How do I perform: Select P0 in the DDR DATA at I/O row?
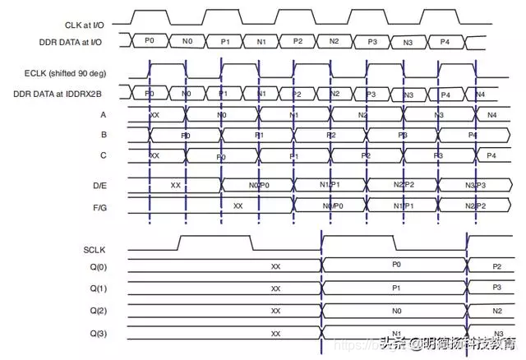[x=149, y=41]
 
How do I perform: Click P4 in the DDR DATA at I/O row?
[x=445, y=41]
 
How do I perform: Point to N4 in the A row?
[x=492, y=115]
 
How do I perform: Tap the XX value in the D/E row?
[x=175, y=185]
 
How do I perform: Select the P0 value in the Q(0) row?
[x=395, y=265]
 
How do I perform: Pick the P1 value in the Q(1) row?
[x=395, y=288]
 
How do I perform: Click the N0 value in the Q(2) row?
[x=395, y=312]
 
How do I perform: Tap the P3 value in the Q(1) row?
[x=497, y=288]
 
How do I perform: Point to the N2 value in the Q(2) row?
[x=497, y=312]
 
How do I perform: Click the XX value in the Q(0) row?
[x=275, y=266]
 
